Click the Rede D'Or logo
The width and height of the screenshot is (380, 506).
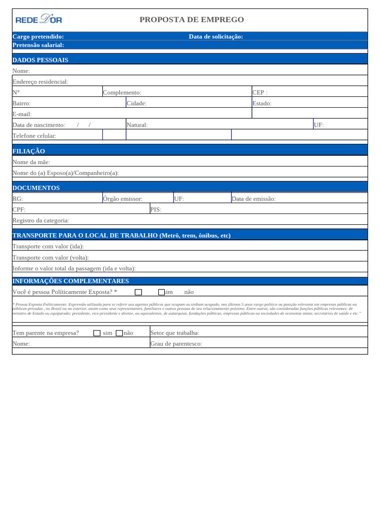(x=39, y=20)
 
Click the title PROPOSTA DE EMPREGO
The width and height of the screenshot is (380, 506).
(x=191, y=20)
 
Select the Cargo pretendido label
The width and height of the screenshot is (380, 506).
(x=38, y=37)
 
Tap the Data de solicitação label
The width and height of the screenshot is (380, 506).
(x=216, y=37)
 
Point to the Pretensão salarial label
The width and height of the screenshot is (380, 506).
(x=38, y=45)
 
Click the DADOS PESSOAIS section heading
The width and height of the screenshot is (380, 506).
(x=40, y=60)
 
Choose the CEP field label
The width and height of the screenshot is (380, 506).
(x=260, y=92)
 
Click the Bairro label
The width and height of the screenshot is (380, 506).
(x=21, y=103)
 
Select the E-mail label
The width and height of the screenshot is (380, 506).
(x=22, y=114)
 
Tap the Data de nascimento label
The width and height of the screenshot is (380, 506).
(x=39, y=125)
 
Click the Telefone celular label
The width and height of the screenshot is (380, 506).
(x=34, y=135)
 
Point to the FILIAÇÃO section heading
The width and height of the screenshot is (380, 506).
(x=29, y=151)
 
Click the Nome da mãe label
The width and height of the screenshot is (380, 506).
(x=31, y=162)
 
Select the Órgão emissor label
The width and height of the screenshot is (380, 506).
(x=123, y=199)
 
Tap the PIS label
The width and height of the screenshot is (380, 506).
(x=156, y=210)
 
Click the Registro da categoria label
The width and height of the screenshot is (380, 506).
(x=41, y=220)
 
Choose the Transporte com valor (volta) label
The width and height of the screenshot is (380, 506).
(x=50, y=257)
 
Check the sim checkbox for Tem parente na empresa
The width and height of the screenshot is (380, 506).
(x=97, y=333)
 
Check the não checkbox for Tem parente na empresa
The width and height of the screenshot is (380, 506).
(x=119, y=333)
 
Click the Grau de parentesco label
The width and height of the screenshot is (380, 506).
(x=176, y=343)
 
